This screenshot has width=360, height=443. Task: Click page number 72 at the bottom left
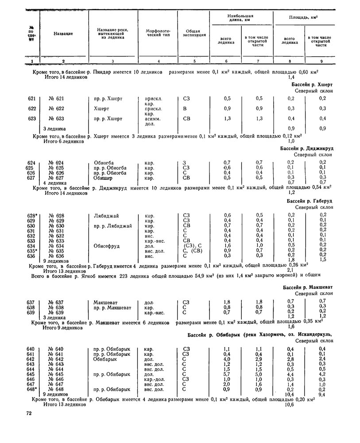[x=29, y=414]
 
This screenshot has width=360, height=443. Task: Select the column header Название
[x=63, y=34]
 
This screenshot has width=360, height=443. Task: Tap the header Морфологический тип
[x=158, y=34]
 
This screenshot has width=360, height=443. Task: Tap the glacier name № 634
[x=56, y=245]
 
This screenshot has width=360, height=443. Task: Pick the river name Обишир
[x=103, y=178]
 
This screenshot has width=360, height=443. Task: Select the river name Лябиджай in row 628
[x=106, y=216]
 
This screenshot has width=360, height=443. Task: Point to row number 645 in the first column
[x=31, y=374]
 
